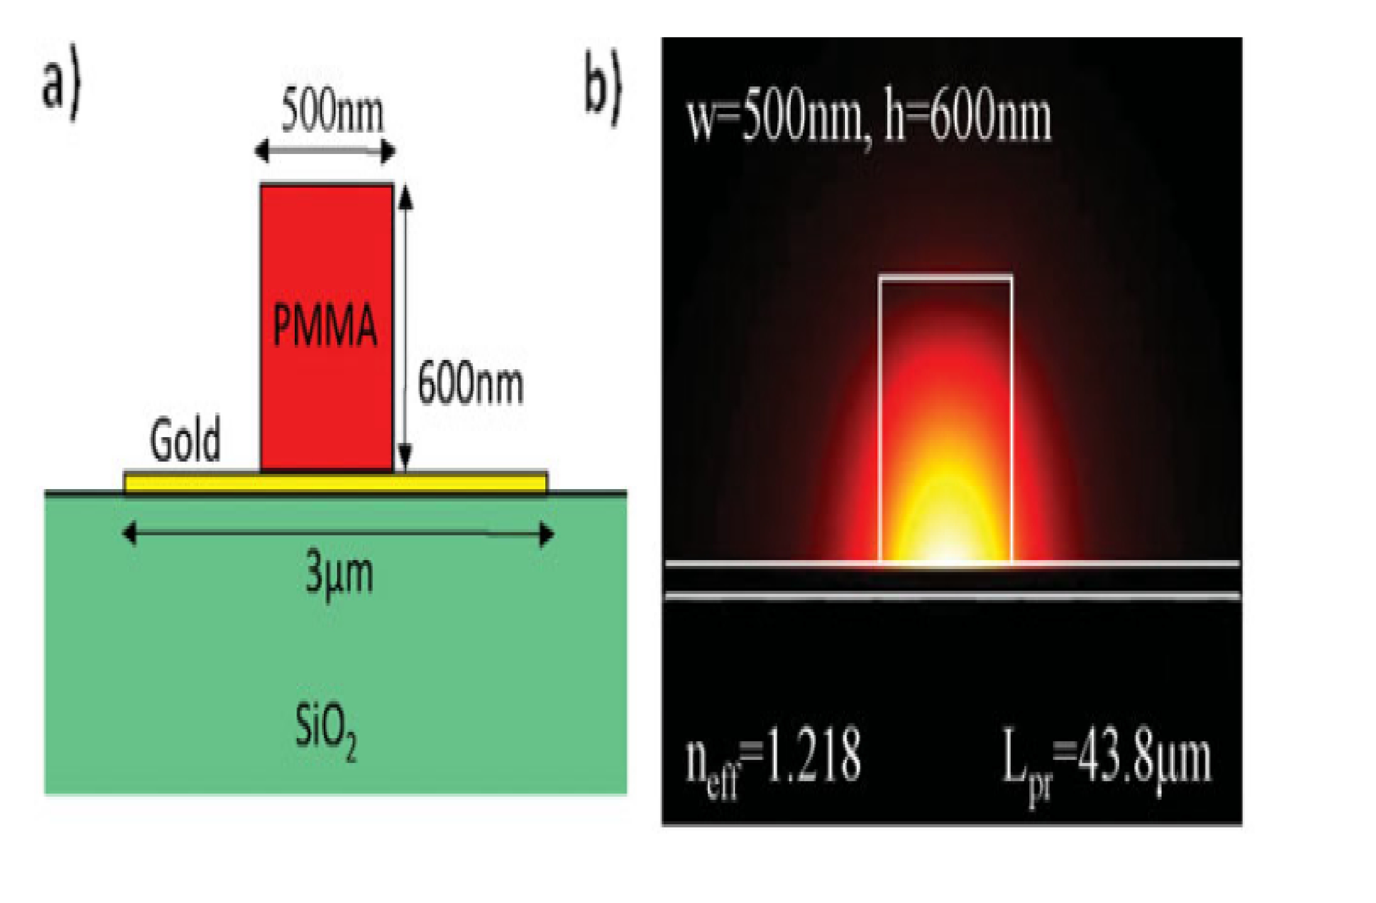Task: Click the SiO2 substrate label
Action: (325, 730)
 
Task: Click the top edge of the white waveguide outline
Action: (946, 277)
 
